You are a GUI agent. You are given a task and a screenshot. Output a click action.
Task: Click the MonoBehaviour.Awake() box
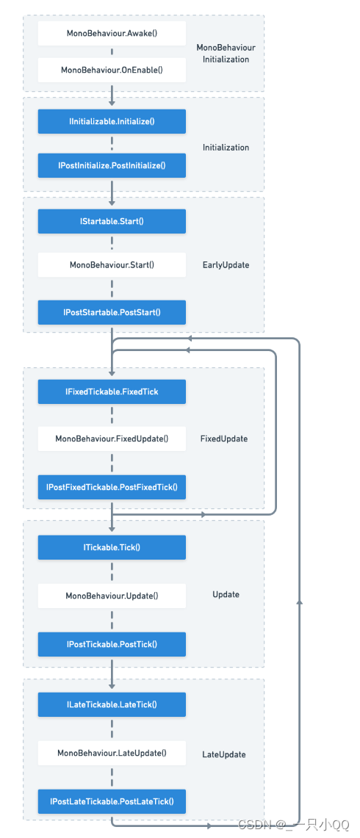pyautogui.click(x=112, y=34)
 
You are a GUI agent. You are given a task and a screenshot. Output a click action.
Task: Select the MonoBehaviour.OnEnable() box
pyautogui.click(x=112, y=71)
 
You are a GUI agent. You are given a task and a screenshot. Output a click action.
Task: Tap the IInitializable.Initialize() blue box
pyautogui.click(x=112, y=121)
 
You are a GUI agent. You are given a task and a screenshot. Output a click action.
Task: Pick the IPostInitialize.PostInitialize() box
pyautogui.click(x=112, y=166)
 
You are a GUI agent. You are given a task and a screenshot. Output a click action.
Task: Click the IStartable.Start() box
pyautogui.click(x=112, y=221)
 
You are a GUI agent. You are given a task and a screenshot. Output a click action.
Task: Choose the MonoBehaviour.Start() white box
pyautogui.click(x=112, y=265)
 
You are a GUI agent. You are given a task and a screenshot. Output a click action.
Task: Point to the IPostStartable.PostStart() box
pyautogui.click(x=112, y=312)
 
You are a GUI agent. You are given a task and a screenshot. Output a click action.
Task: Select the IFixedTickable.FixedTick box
pyautogui.click(x=112, y=392)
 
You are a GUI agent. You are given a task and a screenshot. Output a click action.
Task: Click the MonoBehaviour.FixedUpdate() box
pyautogui.click(x=112, y=439)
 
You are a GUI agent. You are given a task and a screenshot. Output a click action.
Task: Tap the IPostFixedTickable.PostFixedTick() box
pyautogui.click(x=112, y=487)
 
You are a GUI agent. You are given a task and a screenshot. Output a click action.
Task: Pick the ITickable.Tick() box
pyautogui.click(x=112, y=547)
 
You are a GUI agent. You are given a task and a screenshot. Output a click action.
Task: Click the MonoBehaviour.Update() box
pyautogui.click(x=112, y=595)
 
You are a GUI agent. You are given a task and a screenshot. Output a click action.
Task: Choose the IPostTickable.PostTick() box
pyautogui.click(x=112, y=644)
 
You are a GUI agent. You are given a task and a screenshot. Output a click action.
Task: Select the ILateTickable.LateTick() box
pyautogui.click(x=112, y=704)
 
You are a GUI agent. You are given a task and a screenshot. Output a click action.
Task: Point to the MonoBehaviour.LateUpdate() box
pyautogui.click(x=112, y=753)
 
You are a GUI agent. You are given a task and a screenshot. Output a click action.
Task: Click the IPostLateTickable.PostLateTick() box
pyautogui.click(x=112, y=801)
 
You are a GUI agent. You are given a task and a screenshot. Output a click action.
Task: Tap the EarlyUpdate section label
pyautogui.click(x=226, y=265)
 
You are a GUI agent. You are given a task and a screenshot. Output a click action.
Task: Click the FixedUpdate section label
pyautogui.click(x=224, y=439)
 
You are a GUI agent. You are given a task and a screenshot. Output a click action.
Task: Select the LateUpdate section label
pyautogui.click(x=224, y=754)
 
